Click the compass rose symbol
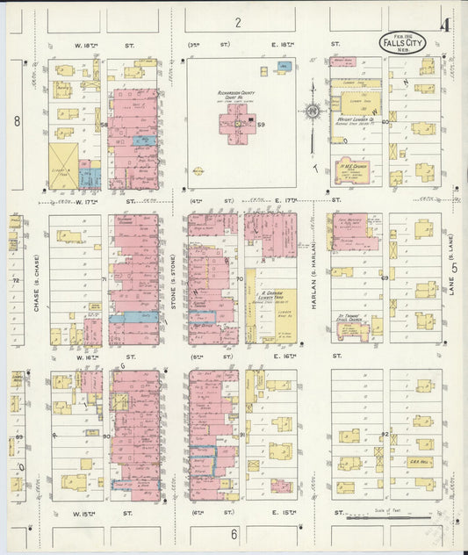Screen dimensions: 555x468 point(313,111)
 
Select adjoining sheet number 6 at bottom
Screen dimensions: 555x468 point(234,534)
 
